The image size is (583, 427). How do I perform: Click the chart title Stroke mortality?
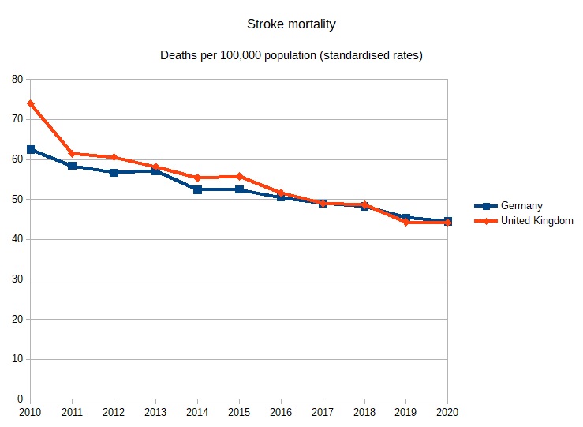290,24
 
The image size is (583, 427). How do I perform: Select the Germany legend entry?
521,206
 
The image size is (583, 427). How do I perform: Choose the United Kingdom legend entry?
536,221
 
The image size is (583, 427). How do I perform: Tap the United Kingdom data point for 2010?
31,103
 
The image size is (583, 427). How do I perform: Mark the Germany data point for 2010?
31,149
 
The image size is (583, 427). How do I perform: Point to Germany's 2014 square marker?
197,189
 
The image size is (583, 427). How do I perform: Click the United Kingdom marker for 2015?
239,176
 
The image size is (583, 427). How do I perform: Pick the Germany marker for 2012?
114,172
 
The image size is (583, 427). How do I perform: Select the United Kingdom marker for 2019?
405,222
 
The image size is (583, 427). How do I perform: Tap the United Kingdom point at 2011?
73,153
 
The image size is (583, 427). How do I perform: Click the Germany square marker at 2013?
155,170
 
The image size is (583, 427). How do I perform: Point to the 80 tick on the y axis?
17,79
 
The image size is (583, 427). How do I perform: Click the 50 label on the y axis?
17,199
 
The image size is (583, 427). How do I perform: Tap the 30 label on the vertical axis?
17,279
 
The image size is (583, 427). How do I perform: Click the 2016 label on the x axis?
281,412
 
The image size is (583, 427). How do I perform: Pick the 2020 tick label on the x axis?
447,412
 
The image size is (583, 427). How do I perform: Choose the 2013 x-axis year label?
155,412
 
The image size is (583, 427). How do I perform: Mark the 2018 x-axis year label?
364,412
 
